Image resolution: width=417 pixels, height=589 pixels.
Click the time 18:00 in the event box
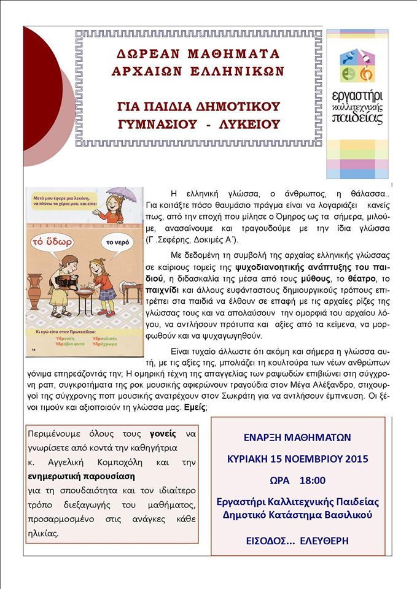click(313, 480)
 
